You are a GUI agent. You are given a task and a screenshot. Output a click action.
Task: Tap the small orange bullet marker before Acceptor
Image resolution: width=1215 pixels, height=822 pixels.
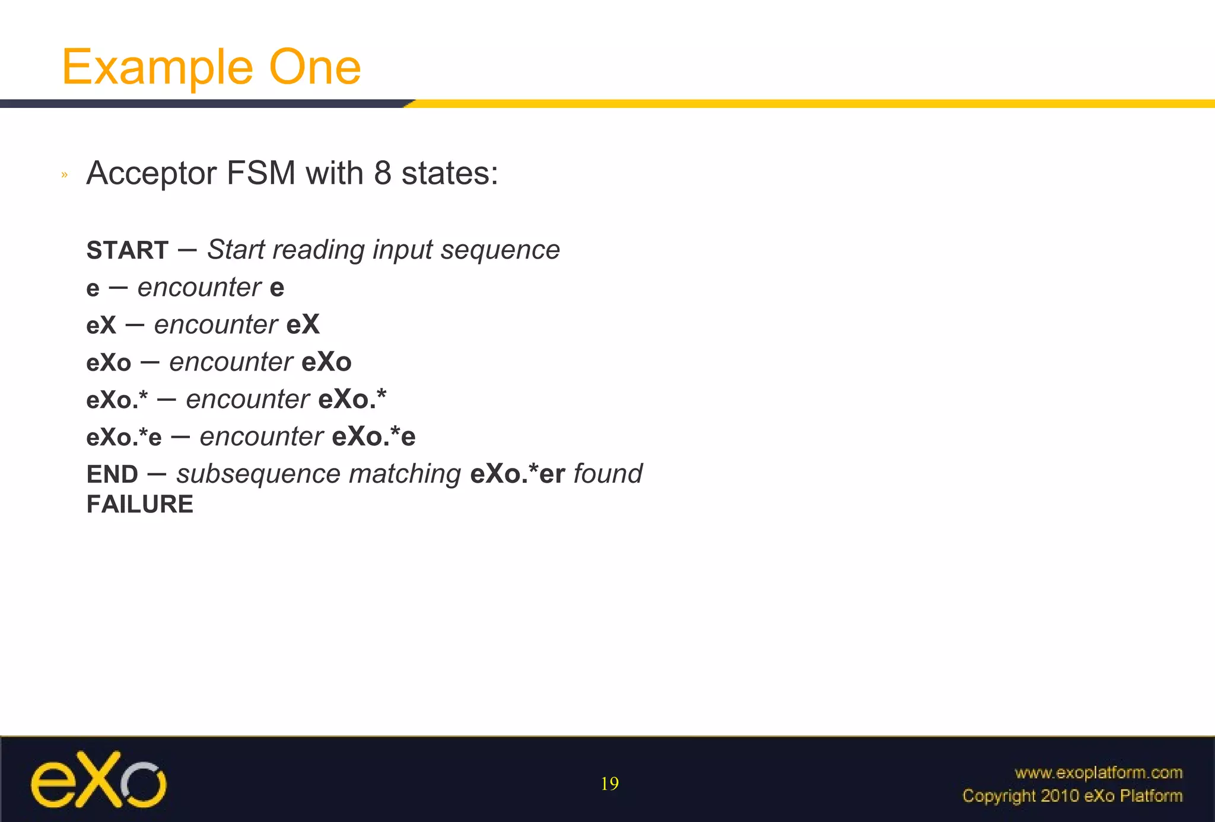tap(65, 175)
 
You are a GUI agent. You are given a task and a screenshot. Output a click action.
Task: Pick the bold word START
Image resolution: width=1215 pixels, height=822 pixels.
tap(128, 250)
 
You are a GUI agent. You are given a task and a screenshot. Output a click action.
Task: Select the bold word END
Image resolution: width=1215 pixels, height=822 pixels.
tap(112, 474)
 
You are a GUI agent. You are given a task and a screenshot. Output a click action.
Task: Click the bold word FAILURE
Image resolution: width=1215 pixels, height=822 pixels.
tap(140, 505)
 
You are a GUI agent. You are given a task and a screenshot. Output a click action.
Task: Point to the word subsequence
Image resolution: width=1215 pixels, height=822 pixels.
tap(258, 474)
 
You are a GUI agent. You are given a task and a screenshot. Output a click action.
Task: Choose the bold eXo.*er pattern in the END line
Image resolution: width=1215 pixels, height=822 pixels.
tap(517, 474)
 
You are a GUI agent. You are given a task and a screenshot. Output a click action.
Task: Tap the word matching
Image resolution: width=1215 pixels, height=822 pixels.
tap(405, 474)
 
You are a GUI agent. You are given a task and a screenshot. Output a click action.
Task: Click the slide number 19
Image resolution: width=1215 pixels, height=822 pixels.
tap(609, 784)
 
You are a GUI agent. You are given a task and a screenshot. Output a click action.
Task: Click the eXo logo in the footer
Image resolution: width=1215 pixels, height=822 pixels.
tap(98, 779)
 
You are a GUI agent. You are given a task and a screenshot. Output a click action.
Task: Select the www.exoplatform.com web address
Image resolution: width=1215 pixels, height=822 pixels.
tap(1098, 773)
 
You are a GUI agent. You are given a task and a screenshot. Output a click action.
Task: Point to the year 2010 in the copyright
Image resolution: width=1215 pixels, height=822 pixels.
tap(1060, 796)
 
